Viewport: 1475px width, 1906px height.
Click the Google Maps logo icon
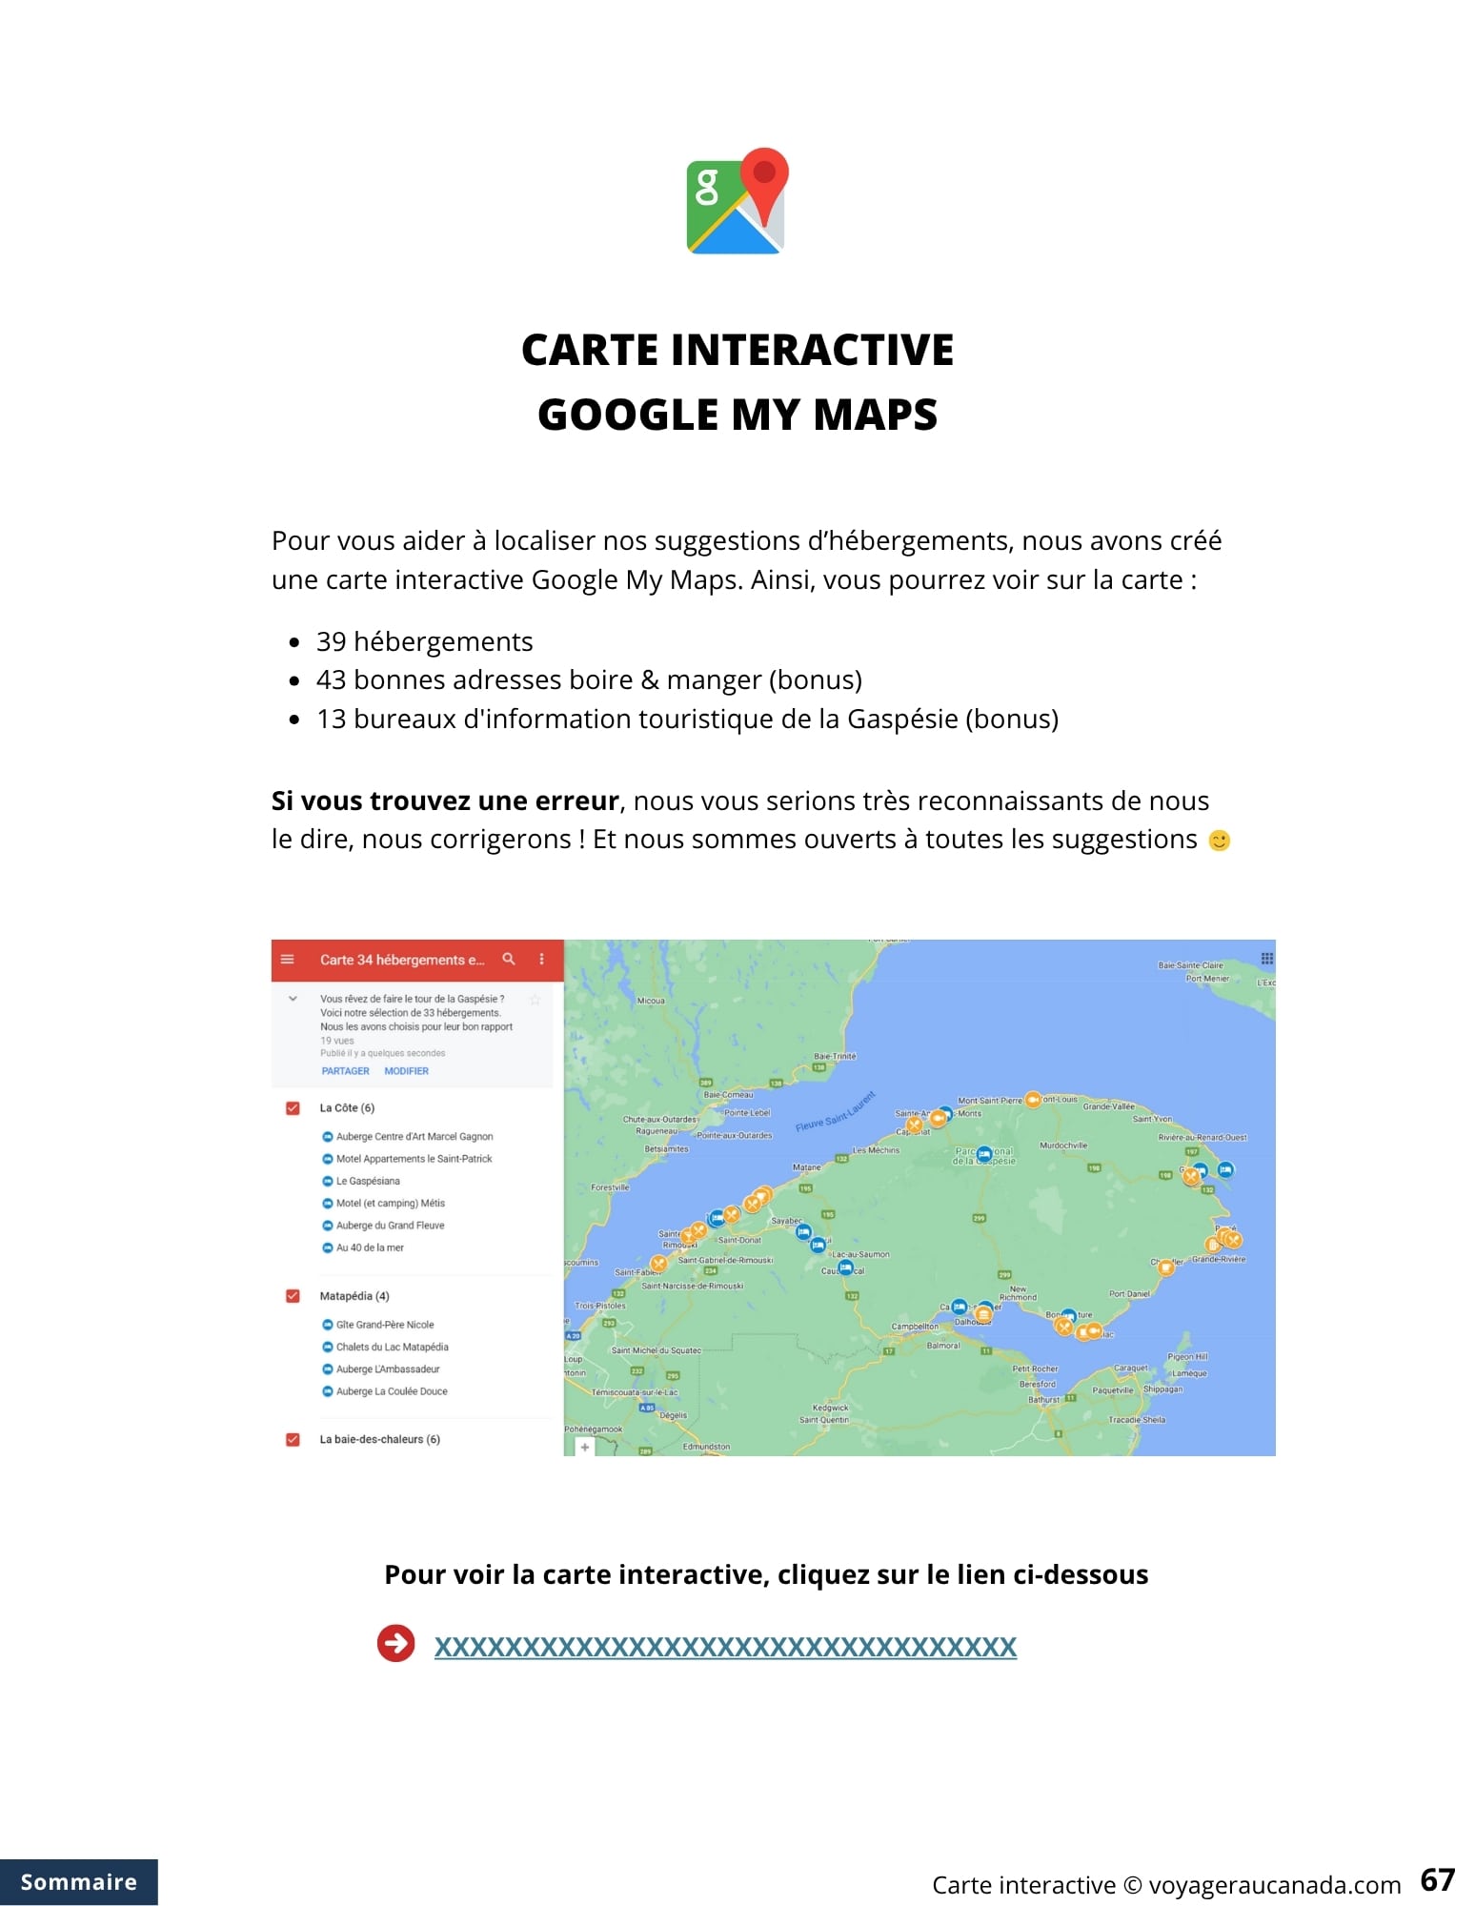coord(737,201)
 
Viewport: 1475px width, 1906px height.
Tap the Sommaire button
coord(78,1881)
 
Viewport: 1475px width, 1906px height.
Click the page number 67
coord(1437,1879)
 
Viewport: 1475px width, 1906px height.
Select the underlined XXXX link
coord(725,1646)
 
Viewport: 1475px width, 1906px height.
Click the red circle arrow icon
coord(395,1643)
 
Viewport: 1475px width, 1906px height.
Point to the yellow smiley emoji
coord(1219,841)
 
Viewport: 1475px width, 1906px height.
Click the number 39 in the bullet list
coord(331,641)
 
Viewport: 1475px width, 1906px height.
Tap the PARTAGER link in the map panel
coord(345,1071)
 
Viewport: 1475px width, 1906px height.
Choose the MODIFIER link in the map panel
coord(406,1071)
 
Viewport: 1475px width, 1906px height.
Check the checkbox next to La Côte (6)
coord(293,1108)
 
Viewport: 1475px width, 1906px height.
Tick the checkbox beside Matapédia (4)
coord(293,1296)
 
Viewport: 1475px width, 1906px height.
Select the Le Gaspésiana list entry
coord(368,1181)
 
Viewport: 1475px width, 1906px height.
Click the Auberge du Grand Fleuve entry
coord(390,1226)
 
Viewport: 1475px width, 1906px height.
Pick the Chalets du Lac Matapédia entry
coord(392,1347)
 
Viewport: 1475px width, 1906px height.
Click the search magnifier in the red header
coord(509,959)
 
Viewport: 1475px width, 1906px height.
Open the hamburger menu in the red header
coord(288,959)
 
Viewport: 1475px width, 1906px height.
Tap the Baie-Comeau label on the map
coord(728,1095)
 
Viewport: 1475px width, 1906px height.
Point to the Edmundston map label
coord(706,1447)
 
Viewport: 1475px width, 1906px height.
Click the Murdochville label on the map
coord(1063,1146)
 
